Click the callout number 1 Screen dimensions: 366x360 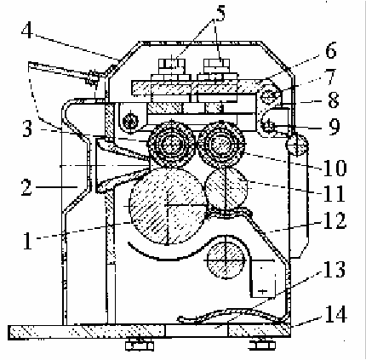[x=27, y=240]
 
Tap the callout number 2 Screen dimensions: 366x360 [x=26, y=186]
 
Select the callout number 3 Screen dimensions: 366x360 [x=27, y=129]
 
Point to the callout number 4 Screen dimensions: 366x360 [x=27, y=30]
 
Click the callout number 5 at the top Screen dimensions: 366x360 [x=219, y=14]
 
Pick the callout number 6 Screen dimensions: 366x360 [x=331, y=49]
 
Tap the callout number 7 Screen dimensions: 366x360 [x=331, y=77]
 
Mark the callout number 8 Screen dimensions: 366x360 [x=334, y=100]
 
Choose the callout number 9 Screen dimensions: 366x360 [x=335, y=126]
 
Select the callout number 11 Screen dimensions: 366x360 [x=334, y=193]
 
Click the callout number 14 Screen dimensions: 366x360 [x=336, y=313]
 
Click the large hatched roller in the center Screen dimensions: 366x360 [x=168, y=205]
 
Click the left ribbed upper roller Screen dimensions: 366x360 [x=172, y=145]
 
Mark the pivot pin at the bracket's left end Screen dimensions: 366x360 [x=130, y=121]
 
